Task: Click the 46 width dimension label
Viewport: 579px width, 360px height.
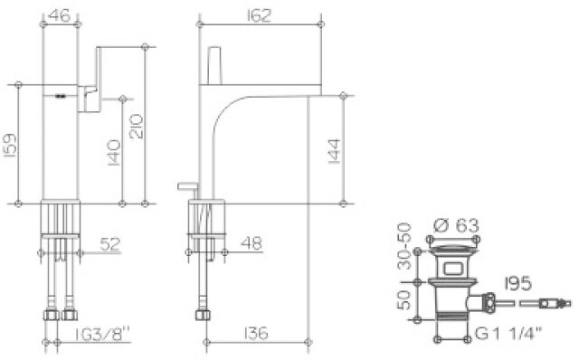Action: (x=59, y=15)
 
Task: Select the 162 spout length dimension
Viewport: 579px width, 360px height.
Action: (x=259, y=15)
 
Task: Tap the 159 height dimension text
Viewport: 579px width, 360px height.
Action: (x=10, y=145)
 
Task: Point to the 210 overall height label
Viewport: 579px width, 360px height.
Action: (x=137, y=127)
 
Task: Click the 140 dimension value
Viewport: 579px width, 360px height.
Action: (x=114, y=153)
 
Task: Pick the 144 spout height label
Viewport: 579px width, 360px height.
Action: (x=335, y=151)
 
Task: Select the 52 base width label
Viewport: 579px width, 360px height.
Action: (x=110, y=244)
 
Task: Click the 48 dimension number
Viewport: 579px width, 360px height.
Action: (x=252, y=243)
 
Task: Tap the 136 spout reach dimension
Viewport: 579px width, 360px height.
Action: (x=255, y=334)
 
